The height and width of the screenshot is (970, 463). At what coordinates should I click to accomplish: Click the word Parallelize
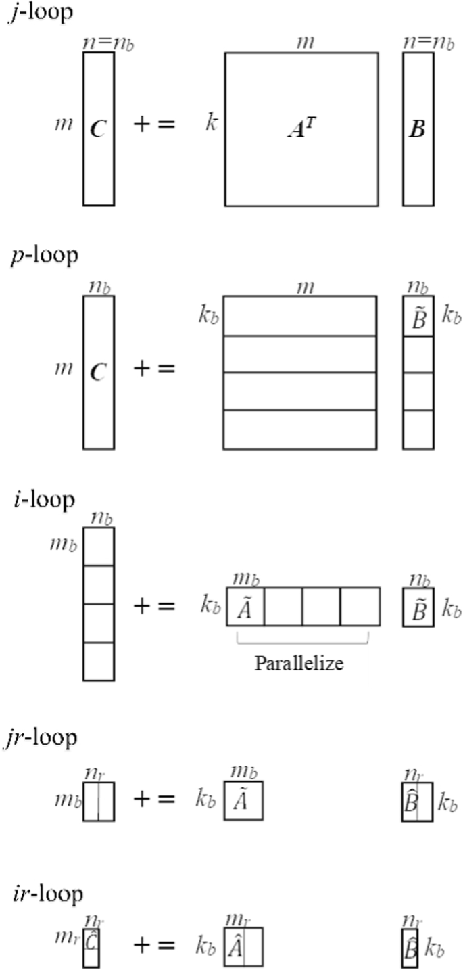pos(299,663)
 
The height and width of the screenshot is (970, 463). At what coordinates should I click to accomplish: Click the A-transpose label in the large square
pos(301,130)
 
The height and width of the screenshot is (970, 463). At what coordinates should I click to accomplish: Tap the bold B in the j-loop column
pos(418,129)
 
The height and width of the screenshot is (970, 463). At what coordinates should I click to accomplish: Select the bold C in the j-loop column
pos(98,129)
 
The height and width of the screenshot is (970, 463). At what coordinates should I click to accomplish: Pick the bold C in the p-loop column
pos(98,372)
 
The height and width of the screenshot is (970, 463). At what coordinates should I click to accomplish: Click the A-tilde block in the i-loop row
pos(245,607)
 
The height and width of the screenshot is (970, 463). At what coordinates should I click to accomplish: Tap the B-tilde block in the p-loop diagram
pos(418,317)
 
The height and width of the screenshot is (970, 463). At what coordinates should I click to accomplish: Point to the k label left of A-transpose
pos(211,125)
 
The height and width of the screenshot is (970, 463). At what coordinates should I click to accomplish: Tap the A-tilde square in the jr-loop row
pos(243,802)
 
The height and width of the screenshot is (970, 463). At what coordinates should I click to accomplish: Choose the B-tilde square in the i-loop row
pos(418,607)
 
